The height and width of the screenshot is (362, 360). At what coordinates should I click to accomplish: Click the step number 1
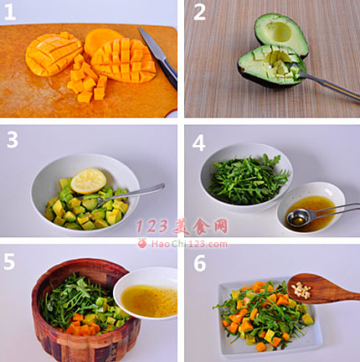(x=10, y=13)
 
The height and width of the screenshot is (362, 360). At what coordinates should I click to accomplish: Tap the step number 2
(x=199, y=13)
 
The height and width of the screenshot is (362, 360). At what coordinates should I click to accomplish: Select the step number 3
(x=13, y=140)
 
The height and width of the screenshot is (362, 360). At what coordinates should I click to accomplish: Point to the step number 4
(x=198, y=143)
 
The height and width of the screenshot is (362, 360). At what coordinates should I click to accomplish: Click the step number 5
(x=9, y=262)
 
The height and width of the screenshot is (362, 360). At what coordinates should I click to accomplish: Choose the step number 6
(x=200, y=263)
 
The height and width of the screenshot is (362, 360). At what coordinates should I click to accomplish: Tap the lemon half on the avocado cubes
(x=89, y=181)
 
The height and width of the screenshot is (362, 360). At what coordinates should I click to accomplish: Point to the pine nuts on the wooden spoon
(x=301, y=290)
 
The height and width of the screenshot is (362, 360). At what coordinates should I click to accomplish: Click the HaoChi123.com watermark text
(x=189, y=244)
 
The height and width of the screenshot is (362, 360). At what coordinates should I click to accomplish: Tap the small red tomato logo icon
(x=142, y=243)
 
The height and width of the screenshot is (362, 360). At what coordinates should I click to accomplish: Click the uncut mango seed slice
(x=102, y=41)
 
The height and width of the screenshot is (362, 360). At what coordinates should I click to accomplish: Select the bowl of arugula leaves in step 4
(x=246, y=177)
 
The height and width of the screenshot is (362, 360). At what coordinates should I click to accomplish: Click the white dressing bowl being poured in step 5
(x=146, y=294)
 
